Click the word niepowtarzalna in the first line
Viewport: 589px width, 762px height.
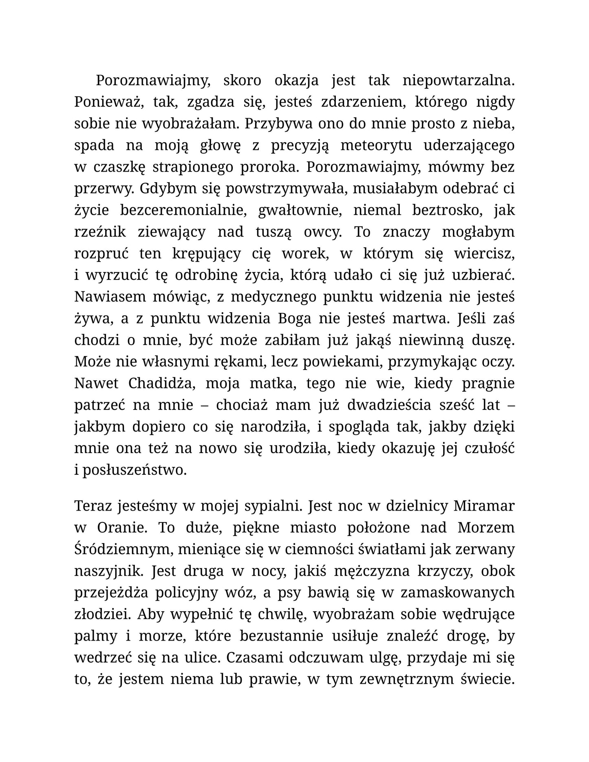click(458, 81)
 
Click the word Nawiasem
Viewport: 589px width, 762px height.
click(110, 297)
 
